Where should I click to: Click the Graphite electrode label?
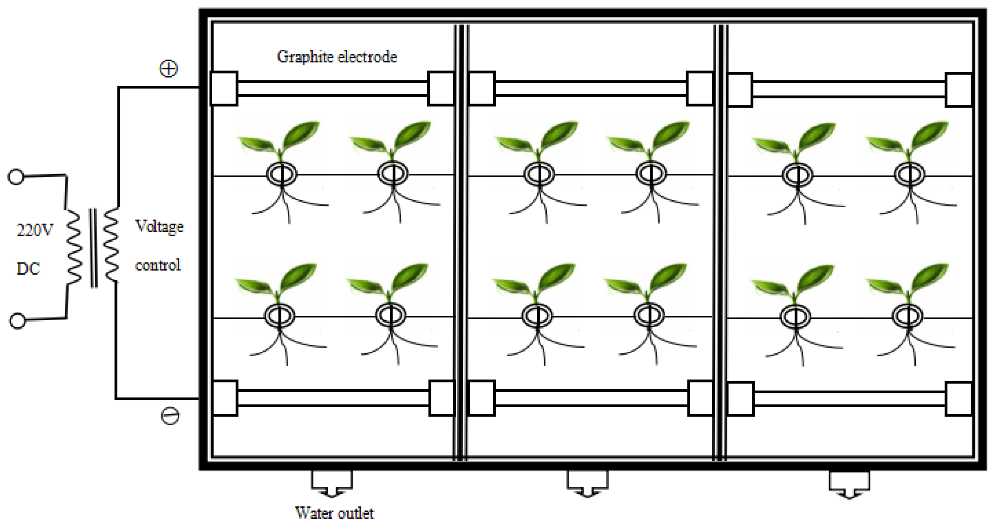[x=337, y=57]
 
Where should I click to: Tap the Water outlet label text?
[x=334, y=513]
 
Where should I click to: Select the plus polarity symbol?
[x=169, y=69]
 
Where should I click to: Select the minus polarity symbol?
[x=170, y=416]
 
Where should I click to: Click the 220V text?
[x=35, y=230]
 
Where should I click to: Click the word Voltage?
[x=159, y=227]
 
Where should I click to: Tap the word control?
[x=158, y=265]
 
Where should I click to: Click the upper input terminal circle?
[x=16, y=177]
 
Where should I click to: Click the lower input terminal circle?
[x=17, y=321]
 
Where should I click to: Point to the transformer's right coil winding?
[x=111, y=245]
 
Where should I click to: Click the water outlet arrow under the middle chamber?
[x=587, y=485]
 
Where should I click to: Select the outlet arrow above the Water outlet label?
[x=332, y=484]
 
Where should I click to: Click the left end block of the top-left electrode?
[x=224, y=88]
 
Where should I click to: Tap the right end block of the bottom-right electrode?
[x=958, y=399]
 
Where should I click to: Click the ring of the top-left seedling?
[x=282, y=174]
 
